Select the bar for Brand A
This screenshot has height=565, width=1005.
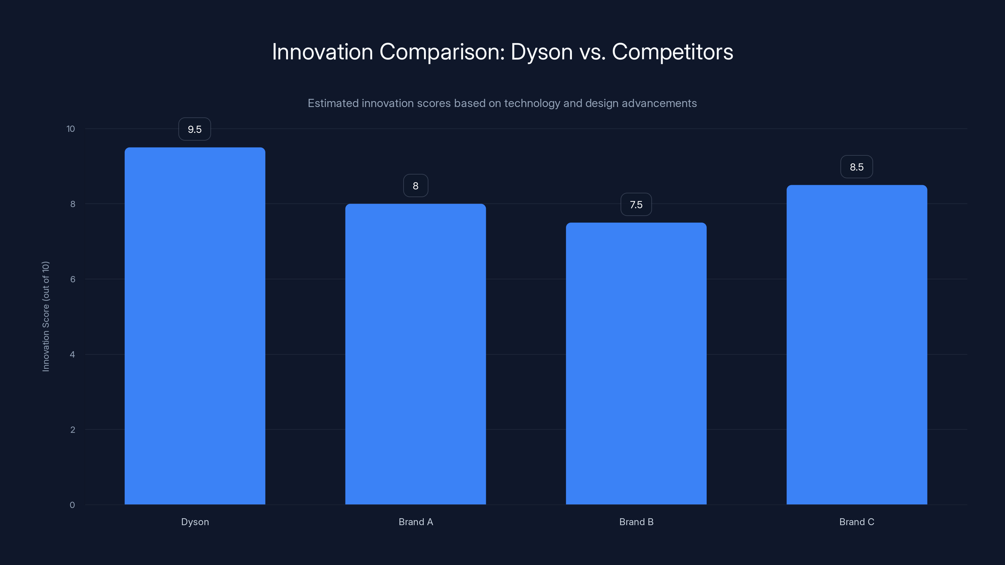416,354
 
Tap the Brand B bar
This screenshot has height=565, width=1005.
636,363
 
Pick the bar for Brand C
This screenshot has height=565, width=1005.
856,345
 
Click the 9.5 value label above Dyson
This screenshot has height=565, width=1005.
195,129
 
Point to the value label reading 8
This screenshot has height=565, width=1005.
416,186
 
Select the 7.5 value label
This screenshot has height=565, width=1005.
636,204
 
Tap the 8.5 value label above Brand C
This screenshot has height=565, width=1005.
856,167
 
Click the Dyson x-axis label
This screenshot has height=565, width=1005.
195,522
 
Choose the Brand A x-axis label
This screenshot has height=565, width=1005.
416,522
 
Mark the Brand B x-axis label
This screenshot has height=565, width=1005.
636,522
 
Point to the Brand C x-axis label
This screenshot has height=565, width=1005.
856,522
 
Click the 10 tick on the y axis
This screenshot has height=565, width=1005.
71,129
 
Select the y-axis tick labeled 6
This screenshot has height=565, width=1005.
73,279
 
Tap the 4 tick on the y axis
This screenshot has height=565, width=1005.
73,354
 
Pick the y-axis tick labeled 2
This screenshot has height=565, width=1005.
73,430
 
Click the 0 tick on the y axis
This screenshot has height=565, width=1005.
72,505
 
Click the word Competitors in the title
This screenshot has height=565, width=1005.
672,51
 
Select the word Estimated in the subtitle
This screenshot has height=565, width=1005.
333,103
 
